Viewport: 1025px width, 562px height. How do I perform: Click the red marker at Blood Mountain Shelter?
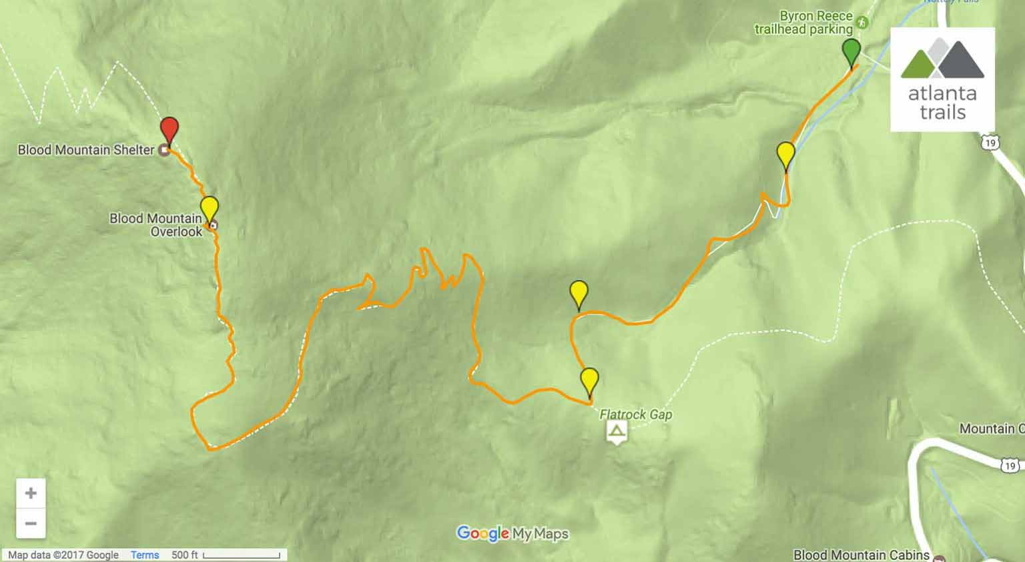pos(169,129)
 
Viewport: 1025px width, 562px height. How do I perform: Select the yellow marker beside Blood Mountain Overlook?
pos(210,208)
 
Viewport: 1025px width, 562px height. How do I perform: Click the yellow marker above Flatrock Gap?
pos(589,381)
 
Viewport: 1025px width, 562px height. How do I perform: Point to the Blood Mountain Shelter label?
pos(86,150)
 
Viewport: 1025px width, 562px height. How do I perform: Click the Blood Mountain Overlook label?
pos(156,225)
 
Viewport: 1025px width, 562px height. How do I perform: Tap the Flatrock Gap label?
pos(635,414)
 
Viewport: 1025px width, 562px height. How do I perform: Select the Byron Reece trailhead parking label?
pos(803,23)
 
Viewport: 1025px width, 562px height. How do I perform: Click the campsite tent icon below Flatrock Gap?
pos(617,431)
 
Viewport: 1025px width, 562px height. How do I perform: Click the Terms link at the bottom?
pos(145,555)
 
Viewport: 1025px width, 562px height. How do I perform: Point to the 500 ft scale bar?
pos(242,555)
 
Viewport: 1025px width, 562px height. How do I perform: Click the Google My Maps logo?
pos(512,533)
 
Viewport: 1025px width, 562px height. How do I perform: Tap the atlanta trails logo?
pos(942,79)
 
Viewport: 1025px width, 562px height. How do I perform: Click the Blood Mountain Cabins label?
pos(861,555)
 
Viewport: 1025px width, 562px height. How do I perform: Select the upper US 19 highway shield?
pos(990,142)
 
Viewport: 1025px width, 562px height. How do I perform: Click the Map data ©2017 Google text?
pos(63,555)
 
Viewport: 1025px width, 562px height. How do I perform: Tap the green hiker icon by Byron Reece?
pos(864,22)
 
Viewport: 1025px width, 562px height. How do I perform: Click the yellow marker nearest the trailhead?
pos(786,156)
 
